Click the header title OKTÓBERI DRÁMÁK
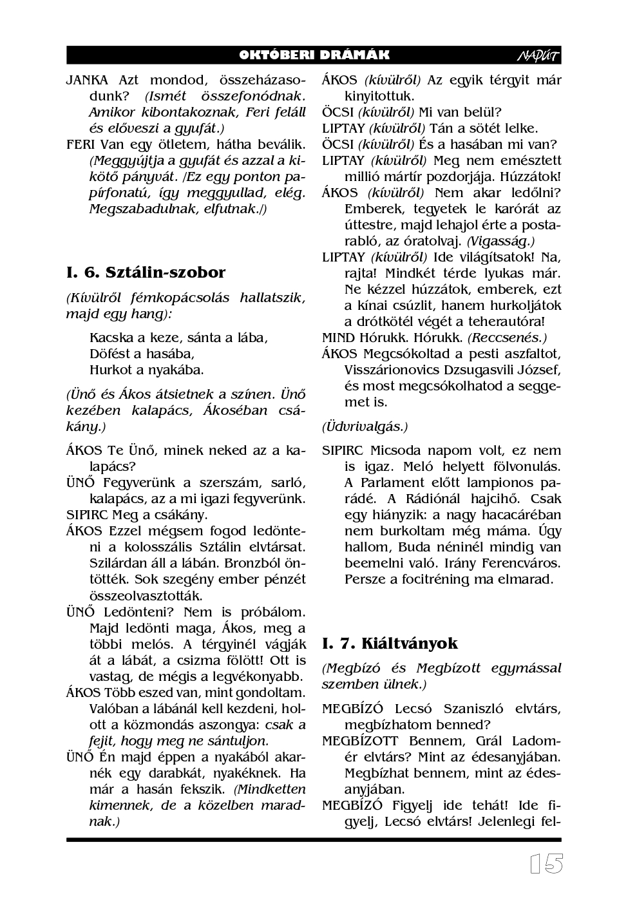click(x=314, y=55)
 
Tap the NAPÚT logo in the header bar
click(x=538, y=56)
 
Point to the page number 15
click(x=546, y=864)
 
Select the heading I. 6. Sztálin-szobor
click(x=146, y=272)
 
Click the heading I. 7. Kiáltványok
click(x=390, y=643)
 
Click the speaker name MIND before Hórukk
click(x=338, y=338)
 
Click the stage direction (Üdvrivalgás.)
click(x=365, y=426)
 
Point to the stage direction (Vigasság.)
click(x=500, y=241)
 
